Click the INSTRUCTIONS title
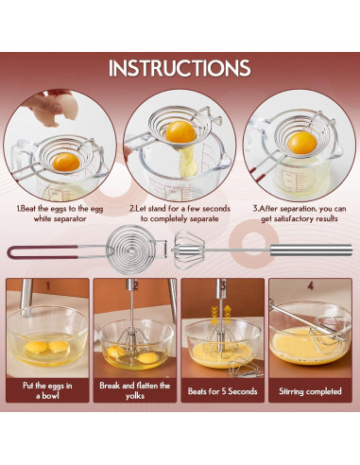tap(180, 68)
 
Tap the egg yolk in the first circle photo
tap(66, 163)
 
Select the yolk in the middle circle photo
tap(180, 132)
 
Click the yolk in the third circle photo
tap(301, 143)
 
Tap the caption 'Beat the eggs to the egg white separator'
tap(60, 214)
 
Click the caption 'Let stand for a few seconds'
tap(180, 209)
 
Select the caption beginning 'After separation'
tap(300, 214)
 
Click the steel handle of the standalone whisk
tap(311, 250)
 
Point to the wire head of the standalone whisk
tap(189, 250)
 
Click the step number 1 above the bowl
tap(48, 285)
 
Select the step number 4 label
tap(311, 285)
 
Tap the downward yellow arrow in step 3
tap(214, 316)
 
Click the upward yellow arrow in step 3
tap(228, 315)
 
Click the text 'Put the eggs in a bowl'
tap(47, 390)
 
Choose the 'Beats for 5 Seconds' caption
tap(222, 391)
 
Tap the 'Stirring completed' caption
tap(310, 391)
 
